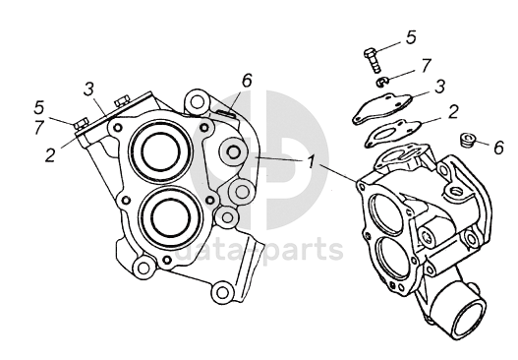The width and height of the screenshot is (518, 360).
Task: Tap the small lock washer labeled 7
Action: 382,82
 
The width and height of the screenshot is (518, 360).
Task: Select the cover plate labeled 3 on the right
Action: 382,108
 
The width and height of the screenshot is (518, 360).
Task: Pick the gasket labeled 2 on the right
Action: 393,134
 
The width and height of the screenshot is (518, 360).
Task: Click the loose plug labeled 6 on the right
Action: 467,141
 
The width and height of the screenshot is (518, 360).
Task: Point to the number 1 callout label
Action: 311,161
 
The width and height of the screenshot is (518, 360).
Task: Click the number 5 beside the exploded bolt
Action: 411,37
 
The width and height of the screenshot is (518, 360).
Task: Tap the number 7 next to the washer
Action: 427,66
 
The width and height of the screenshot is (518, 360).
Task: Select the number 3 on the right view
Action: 440,86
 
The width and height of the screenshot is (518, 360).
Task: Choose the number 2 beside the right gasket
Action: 453,111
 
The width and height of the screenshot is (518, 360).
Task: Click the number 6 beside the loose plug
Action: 499,148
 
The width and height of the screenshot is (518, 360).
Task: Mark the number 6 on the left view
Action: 247,80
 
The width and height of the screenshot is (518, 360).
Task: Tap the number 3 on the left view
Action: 88,89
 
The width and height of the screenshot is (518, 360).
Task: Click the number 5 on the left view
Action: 39,107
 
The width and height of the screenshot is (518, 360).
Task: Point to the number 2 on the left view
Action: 50,154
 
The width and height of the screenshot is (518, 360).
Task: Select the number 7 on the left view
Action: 39,128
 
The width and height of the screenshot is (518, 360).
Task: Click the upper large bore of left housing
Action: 161,150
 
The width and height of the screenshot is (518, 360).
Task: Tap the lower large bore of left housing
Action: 170,217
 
